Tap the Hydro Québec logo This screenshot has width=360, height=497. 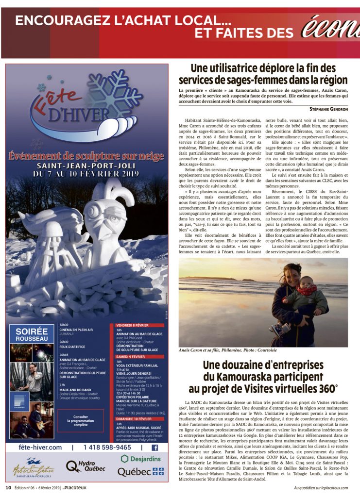86,466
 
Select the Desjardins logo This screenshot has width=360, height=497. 141,458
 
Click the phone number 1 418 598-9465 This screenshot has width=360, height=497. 107,447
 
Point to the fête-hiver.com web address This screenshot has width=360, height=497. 41,447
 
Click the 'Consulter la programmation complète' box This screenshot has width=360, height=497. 81,420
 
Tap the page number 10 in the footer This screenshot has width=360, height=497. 8,487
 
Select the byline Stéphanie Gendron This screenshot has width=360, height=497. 328,109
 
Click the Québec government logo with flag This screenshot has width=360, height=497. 140,471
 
